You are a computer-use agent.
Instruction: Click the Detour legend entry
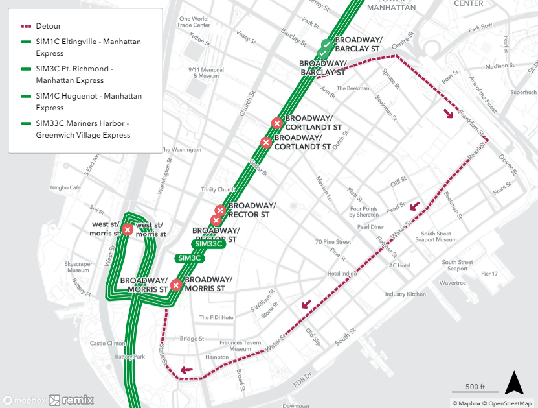coord(49,26)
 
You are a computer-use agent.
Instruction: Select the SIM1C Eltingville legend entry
coord(88,47)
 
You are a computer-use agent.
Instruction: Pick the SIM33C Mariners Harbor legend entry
coord(83,129)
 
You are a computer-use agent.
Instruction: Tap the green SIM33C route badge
coord(210,244)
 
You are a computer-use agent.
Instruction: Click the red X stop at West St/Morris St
coord(128,229)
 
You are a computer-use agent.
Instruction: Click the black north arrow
coord(514,383)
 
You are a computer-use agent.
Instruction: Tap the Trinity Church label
coord(218,190)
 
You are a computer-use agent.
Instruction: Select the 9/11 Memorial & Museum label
coord(206,73)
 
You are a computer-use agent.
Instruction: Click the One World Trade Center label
coord(193,22)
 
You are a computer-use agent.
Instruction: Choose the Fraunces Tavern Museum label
coord(240,346)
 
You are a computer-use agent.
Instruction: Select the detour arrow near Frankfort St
coord(448,114)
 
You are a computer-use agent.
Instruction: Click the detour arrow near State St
coord(186,370)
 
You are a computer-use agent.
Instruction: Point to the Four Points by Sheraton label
coord(363,211)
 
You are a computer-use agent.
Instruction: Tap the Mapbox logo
coord(24,400)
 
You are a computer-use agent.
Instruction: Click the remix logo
coord(71,400)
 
